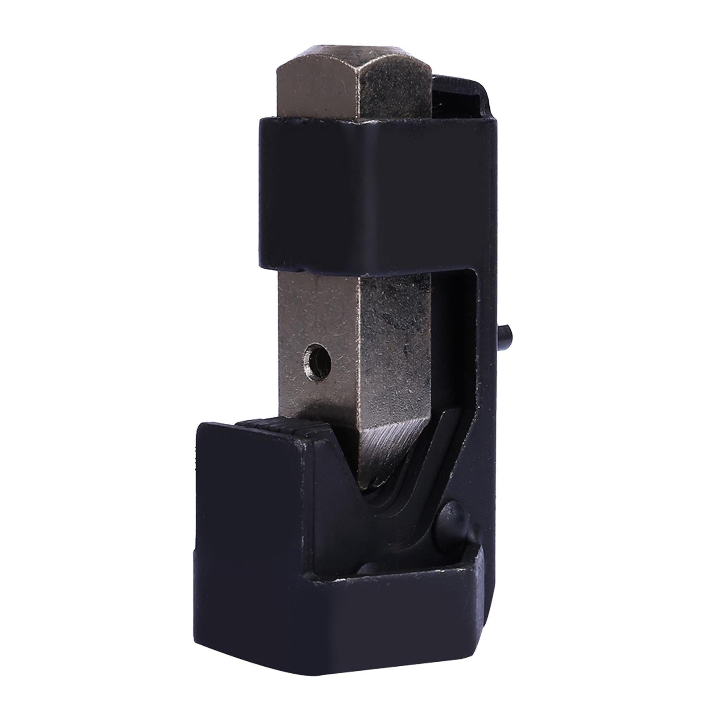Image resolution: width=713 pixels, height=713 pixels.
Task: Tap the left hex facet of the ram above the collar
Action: pos(312,91)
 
